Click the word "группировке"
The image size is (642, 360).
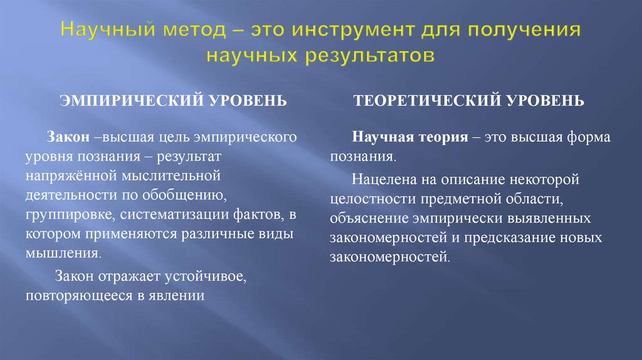click(x=68, y=216)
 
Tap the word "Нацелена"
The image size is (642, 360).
click(x=381, y=181)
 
